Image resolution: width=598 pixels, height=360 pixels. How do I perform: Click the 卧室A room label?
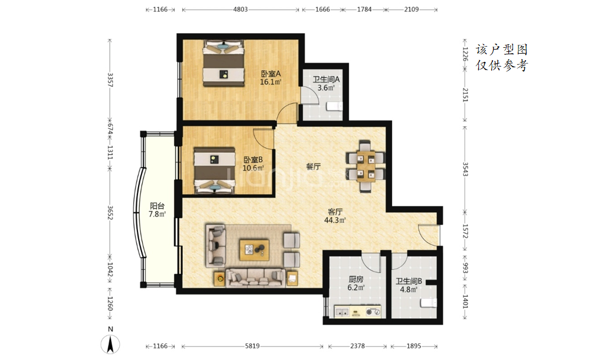click(x=271, y=74)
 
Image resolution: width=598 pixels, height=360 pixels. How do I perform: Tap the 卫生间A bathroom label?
click(x=326, y=80)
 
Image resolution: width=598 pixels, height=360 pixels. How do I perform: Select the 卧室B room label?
click(x=253, y=160)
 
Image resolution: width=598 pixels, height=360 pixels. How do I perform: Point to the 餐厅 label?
click(x=313, y=166)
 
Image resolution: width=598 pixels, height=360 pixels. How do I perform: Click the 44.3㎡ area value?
click(x=335, y=220)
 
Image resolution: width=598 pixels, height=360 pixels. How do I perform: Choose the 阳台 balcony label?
click(x=157, y=206)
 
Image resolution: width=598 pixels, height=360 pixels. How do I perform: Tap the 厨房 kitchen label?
click(x=356, y=279)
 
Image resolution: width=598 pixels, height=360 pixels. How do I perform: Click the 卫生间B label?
click(x=409, y=282)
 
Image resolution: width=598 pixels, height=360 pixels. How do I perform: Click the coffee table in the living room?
click(x=254, y=250)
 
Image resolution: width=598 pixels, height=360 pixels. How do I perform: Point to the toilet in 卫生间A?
click(x=335, y=106)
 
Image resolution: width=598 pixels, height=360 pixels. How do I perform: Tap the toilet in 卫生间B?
click(x=429, y=303)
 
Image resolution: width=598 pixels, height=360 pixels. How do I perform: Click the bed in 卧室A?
click(x=223, y=63)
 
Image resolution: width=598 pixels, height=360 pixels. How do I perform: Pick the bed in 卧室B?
click(x=214, y=171)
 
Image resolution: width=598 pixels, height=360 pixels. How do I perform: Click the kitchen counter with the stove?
click(x=358, y=311)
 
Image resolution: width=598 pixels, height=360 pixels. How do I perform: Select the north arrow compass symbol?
click(x=110, y=344)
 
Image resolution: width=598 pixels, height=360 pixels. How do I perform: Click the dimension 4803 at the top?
click(x=240, y=9)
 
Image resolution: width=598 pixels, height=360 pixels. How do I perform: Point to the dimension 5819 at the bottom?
click(x=252, y=346)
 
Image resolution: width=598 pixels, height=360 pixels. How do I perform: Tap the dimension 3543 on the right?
click(x=465, y=169)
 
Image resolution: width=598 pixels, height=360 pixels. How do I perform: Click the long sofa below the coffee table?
click(x=255, y=279)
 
